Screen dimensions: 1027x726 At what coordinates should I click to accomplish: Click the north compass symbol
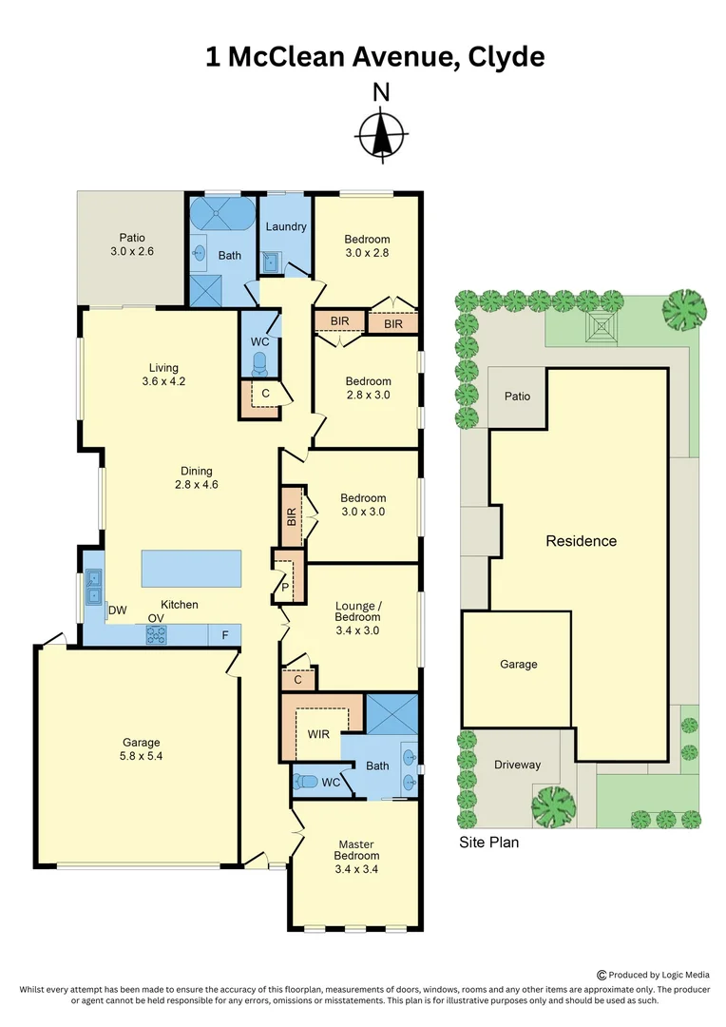[x=381, y=133]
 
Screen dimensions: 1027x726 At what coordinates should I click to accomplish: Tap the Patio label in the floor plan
[x=131, y=244]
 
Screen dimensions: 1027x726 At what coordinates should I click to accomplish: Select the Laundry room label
[x=285, y=226]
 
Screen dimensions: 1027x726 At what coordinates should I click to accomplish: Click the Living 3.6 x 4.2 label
[x=163, y=375]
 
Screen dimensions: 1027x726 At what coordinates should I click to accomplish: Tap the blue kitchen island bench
[x=191, y=568]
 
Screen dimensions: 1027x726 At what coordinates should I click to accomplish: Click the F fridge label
[x=224, y=634]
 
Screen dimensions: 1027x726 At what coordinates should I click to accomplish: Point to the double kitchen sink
[x=94, y=586]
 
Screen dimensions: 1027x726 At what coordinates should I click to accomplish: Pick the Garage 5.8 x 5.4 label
[x=141, y=749]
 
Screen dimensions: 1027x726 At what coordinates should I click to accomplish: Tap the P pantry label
[x=284, y=588]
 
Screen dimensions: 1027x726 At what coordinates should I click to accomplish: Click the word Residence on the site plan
[x=581, y=541]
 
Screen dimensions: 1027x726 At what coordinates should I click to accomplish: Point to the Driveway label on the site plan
[x=517, y=765]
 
